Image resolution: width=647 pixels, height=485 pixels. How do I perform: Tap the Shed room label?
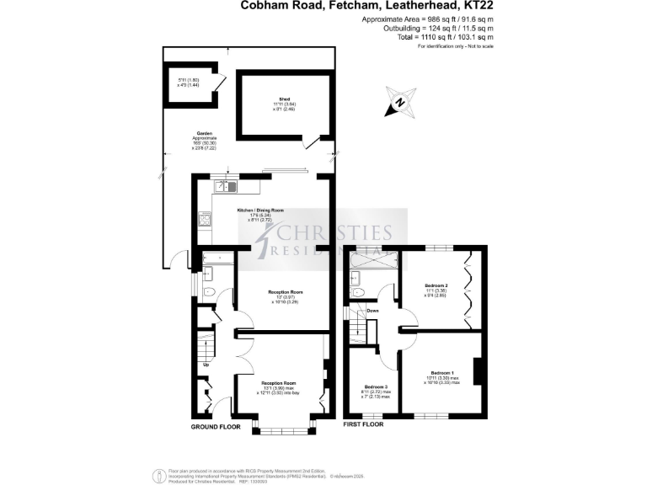click(273, 99)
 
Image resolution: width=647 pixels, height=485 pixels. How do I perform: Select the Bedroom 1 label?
click(442, 372)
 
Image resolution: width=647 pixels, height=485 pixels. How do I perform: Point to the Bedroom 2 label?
click(436, 286)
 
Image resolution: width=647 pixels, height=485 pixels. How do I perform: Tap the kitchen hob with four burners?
click(205, 220)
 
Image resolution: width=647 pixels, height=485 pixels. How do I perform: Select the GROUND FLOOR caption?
click(216, 427)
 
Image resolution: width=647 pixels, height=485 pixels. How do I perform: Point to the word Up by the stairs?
click(205, 365)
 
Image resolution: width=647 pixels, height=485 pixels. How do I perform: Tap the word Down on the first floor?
click(372, 311)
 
